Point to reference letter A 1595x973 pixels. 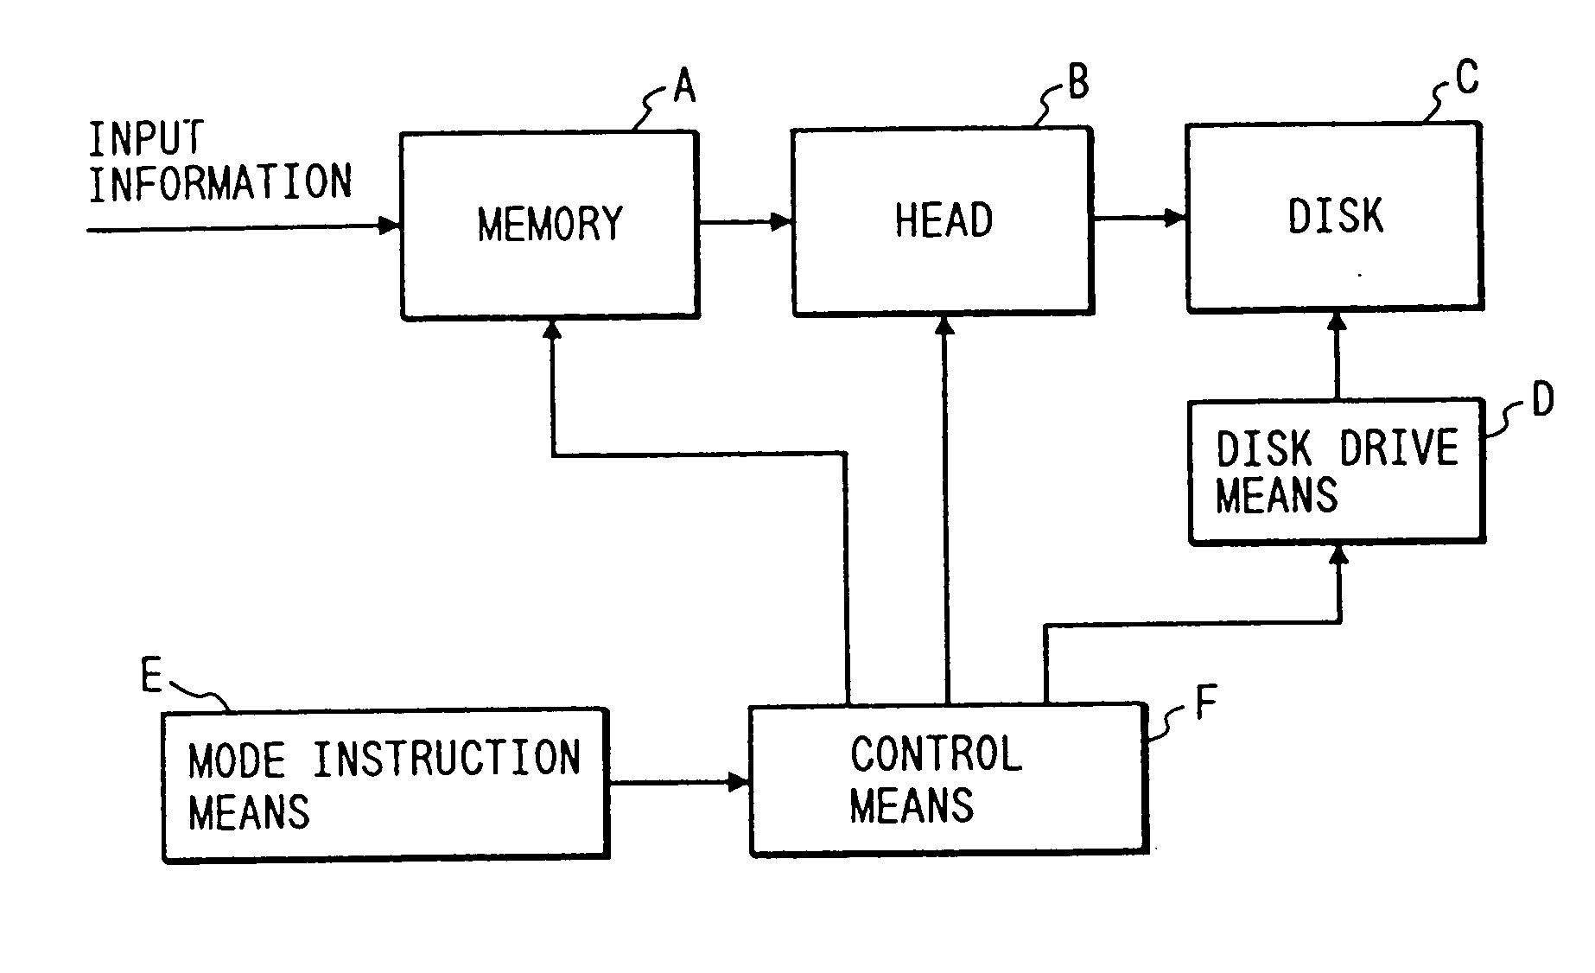point(684,87)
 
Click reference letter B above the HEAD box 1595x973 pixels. point(1078,82)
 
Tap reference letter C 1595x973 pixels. point(1467,77)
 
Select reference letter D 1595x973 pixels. point(1542,399)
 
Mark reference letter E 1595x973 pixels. point(151,676)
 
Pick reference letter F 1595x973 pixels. point(1205,702)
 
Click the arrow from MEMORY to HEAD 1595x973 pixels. point(746,222)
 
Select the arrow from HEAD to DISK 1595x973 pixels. point(1139,218)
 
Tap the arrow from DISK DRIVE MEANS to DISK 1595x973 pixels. point(1338,354)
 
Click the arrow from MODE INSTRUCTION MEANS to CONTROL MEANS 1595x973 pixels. point(679,783)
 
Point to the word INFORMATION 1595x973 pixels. point(220,182)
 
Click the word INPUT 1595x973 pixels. point(146,137)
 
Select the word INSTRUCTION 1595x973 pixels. point(446,759)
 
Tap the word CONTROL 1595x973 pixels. point(937,754)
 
